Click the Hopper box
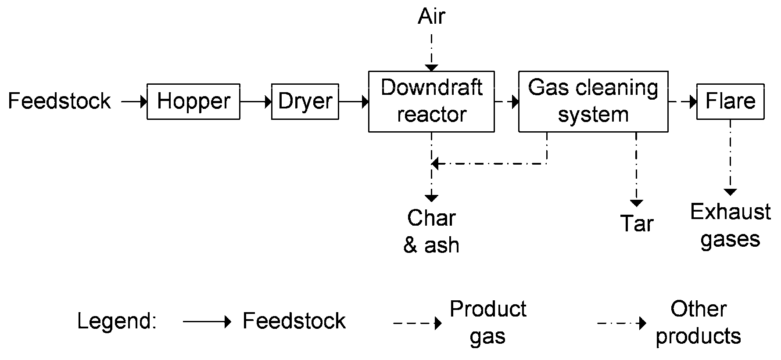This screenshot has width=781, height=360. click(193, 101)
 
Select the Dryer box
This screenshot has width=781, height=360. click(305, 101)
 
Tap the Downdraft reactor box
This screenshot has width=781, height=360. click(431, 101)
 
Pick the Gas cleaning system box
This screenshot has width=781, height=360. click(593, 101)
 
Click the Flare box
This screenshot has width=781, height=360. click(731, 101)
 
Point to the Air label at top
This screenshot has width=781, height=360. click(432, 17)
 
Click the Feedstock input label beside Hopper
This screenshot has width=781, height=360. click(60, 101)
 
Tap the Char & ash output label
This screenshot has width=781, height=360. click(431, 231)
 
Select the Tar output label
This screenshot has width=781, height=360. click(637, 223)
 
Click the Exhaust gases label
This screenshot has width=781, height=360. click(730, 226)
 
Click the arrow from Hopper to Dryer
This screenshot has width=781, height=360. click(256, 102)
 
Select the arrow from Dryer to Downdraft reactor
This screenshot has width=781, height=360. click(354, 102)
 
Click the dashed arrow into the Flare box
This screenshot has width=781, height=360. click(683, 102)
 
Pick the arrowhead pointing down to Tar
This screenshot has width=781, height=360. click(636, 203)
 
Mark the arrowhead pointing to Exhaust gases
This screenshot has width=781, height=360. click(730, 192)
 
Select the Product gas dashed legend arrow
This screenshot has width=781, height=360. click(417, 324)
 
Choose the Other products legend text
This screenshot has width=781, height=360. click(698, 323)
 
